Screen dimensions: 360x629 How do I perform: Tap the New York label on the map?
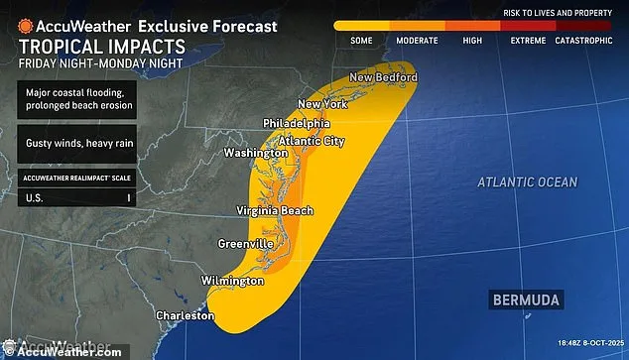(x=322, y=104)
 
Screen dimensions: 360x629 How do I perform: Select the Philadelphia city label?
(x=297, y=122)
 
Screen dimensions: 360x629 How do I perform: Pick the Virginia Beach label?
(x=275, y=210)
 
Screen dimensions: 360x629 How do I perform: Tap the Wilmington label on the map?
(x=232, y=281)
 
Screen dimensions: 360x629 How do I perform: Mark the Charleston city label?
(x=185, y=315)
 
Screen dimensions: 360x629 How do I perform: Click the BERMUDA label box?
(x=526, y=299)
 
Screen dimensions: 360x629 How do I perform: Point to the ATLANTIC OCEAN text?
(x=526, y=182)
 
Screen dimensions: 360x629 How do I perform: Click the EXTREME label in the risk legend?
(x=528, y=41)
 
